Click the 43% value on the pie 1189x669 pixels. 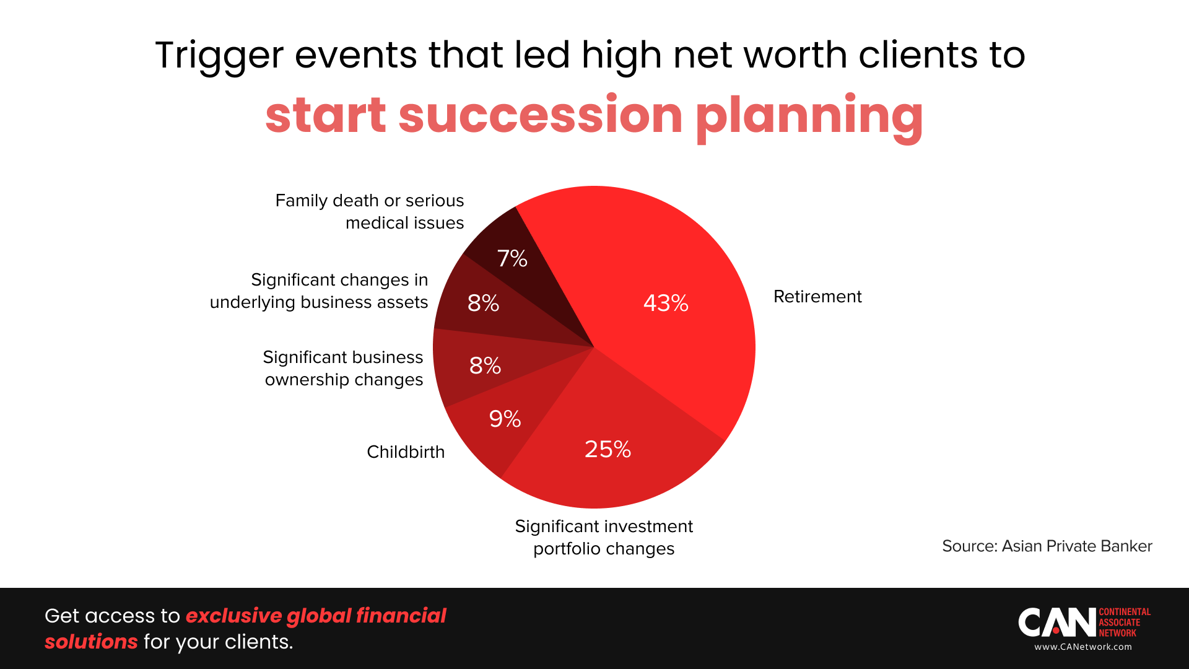pyautogui.click(x=666, y=303)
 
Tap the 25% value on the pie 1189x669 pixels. pyautogui.click(x=608, y=449)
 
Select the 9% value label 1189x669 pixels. pyautogui.click(x=505, y=419)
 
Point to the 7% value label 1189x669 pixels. pyautogui.click(x=512, y=258)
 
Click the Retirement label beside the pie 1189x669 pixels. pyautogui.click(x=817, y=297)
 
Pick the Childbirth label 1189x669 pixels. pyautogui.click(x=406, y=452)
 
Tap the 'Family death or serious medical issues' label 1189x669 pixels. pyautogui.click(x=370, y=211)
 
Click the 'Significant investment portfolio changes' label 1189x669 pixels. pyautogui.click(x=604, y=537)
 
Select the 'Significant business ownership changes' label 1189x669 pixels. pyautogui.click(x=343, y=368)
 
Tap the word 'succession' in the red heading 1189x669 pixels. pyautogui.click(x=540, y=115)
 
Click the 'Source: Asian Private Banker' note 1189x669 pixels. pyautogui.click(x=1047, y=546)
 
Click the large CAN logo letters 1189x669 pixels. pyautogui.click(x=1056, y=622)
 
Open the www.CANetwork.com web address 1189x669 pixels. pyautogui.click(x=1082, y=647)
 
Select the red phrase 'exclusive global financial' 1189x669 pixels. pyautogui.click(x=316, y=616)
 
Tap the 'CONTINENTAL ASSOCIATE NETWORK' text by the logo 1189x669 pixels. pyautogui.click(x=1124, y=622)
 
